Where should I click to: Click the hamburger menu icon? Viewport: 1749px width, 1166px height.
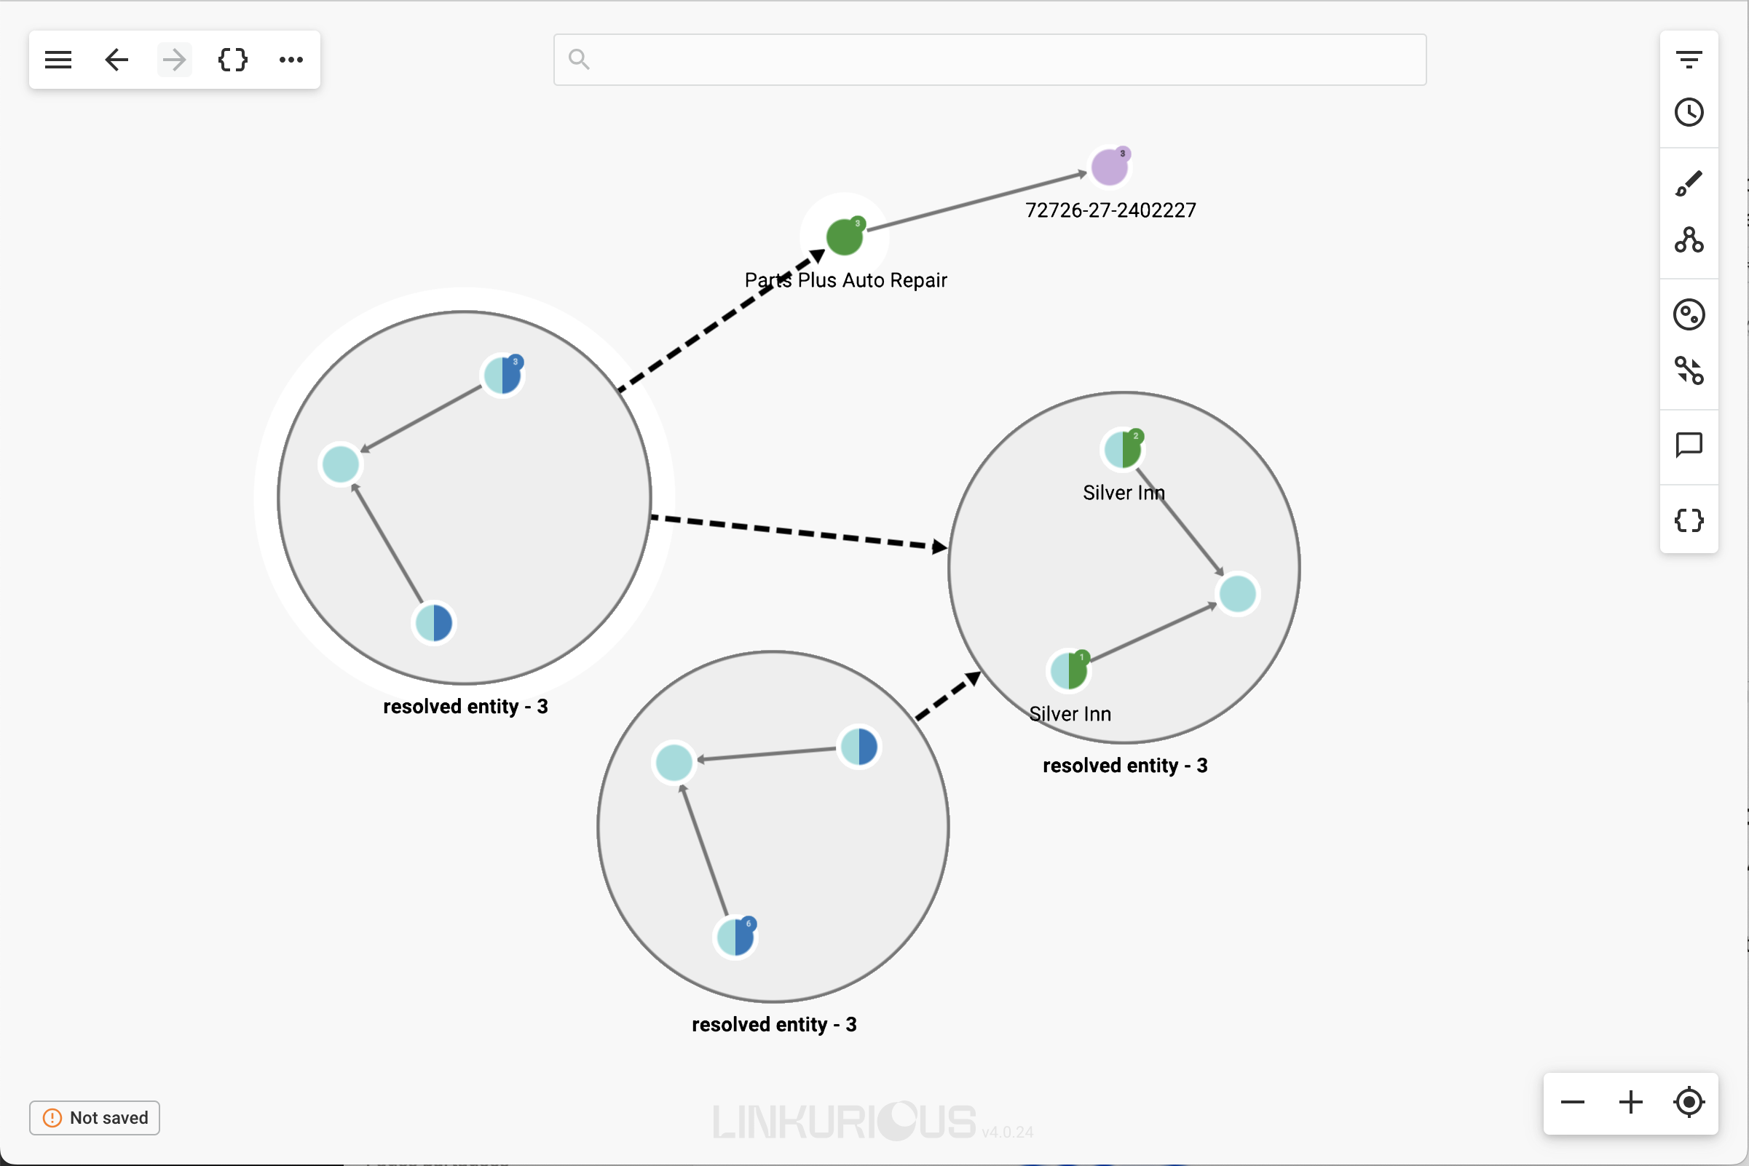[58, 60]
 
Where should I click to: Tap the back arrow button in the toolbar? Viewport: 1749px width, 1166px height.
[117, 60]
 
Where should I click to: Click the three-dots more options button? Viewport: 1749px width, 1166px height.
[291, 60]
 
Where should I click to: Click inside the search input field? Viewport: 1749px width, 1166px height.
[990, 60]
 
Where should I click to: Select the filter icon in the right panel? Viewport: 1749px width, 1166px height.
[1689, 59]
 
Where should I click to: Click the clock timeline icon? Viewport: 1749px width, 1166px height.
[1689, 112]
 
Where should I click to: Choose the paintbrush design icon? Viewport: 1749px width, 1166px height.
[1689, 183]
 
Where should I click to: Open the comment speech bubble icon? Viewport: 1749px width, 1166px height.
[1689, 445]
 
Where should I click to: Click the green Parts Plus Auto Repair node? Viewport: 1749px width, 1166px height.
[845, 237]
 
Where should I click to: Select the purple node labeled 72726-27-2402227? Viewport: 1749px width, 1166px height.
[1109, 167]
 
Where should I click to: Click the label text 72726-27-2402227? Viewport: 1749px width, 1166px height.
[1110, 210]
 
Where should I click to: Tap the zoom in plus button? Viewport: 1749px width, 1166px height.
[1631, 1102]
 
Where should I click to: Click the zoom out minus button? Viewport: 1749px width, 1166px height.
[1573, 1102]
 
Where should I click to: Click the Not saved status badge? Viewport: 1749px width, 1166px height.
[95, 1118]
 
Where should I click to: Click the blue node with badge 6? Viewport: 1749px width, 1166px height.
[735, 937]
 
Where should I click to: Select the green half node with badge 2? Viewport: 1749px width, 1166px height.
[1123, 449]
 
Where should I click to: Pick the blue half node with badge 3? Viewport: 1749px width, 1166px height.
[503, 375]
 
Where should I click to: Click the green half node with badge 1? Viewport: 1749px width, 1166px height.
[1069, 670]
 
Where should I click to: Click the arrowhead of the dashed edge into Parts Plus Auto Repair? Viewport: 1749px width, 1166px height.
[817, 256]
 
